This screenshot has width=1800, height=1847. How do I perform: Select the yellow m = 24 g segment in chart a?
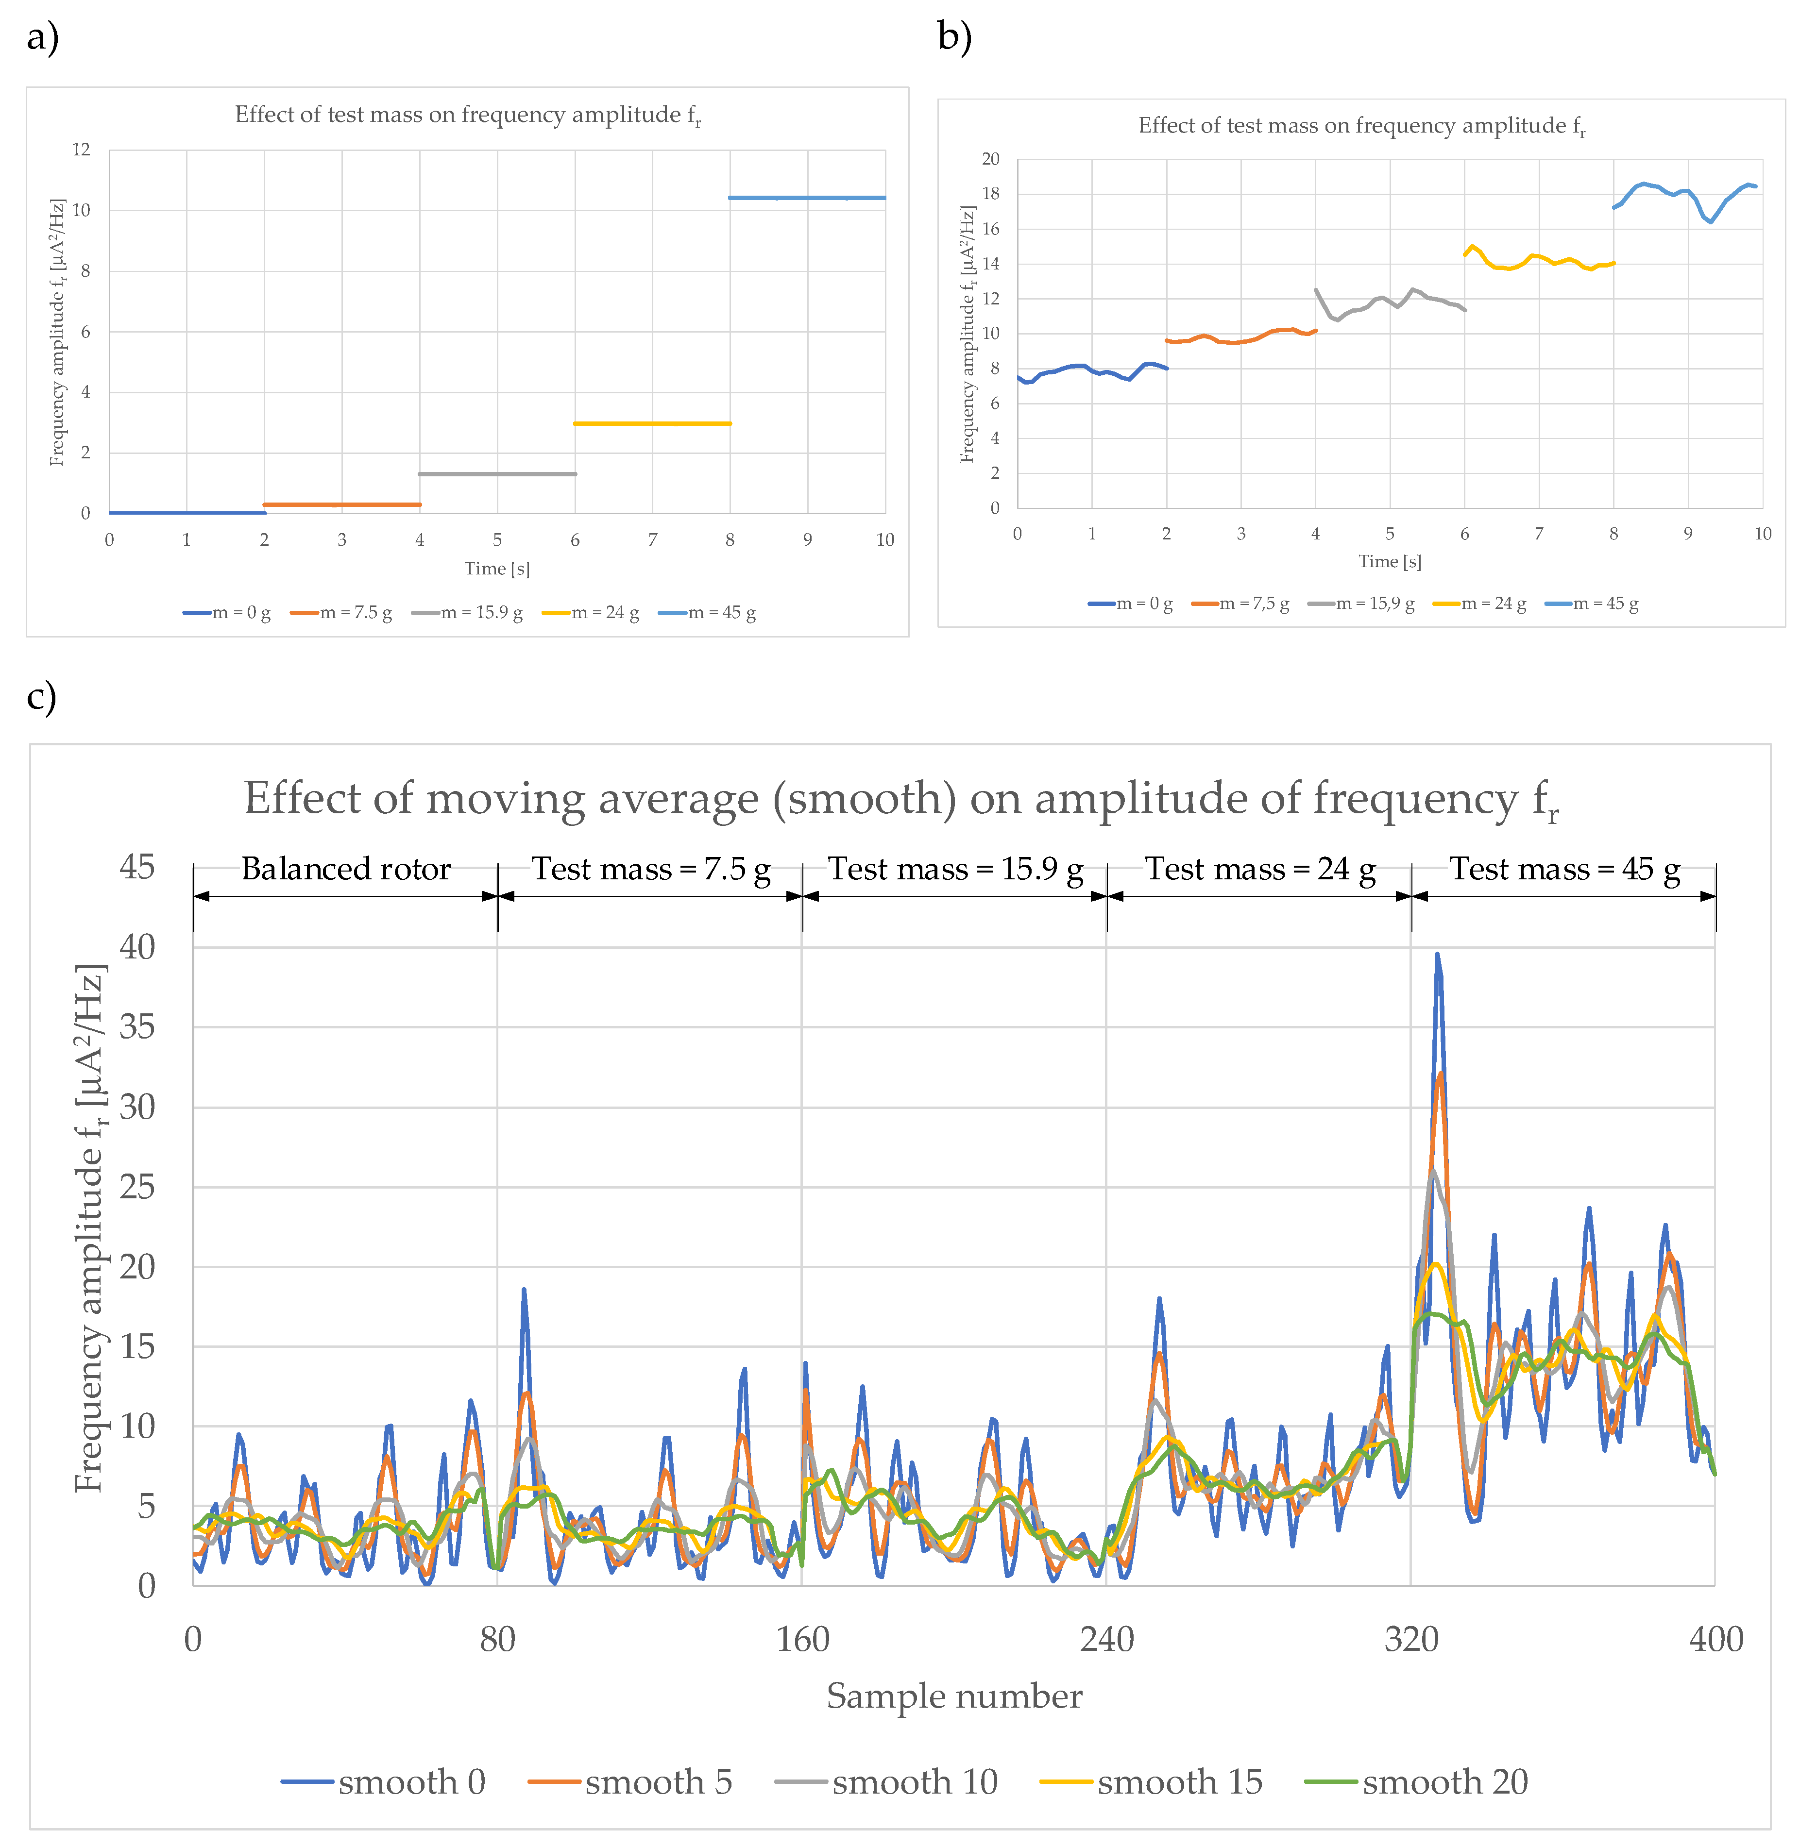(x=652, y=423)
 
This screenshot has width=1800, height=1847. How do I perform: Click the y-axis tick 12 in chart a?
(x=81, y=150)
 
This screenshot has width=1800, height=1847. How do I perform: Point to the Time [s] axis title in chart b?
(x=1390, y=561)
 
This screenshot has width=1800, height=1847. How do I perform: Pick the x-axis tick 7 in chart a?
(x=652, y=540)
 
